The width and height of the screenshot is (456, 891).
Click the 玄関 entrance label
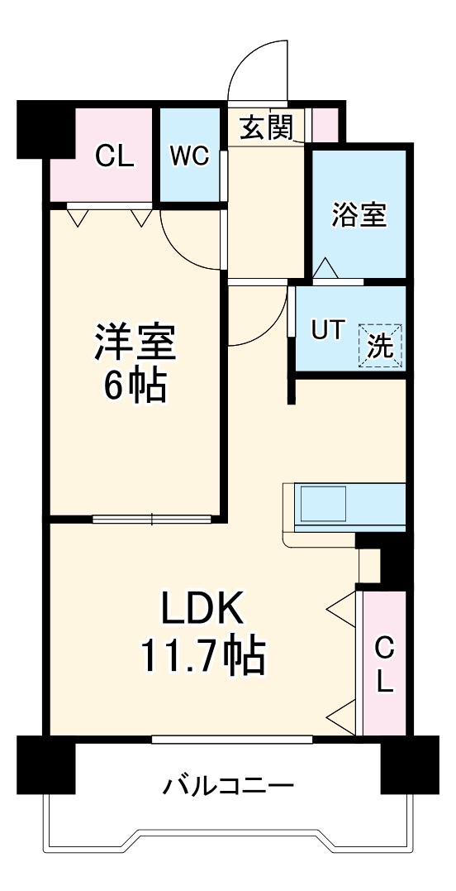coord(267,128)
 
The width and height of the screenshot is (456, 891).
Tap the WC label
coord(189,156)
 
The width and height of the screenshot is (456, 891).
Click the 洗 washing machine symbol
coord(381,345)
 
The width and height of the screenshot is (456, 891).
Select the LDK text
coord(202,611)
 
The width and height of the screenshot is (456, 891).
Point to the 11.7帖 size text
coord(202,658)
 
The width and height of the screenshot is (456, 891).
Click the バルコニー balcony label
coord(227,784)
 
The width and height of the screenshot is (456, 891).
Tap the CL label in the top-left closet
coord(114,156)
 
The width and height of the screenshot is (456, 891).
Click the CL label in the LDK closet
coord(385,663)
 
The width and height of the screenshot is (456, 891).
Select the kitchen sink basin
coord(324,502)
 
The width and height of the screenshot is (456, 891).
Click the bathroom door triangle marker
coord(325,269)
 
